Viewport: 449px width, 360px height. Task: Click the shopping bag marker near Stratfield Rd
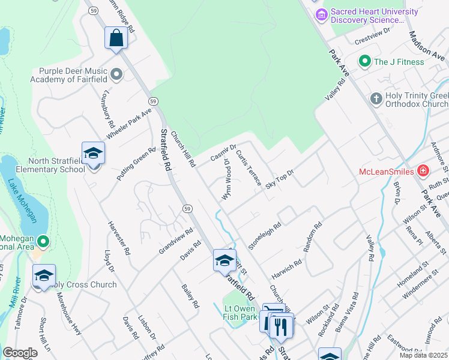(x=116, y=38)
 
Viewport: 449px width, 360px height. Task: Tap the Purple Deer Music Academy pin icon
(x=116, y=74)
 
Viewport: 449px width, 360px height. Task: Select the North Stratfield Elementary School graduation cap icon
(x=93, y=154)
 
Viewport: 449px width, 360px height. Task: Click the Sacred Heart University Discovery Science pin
(x=321, y=13)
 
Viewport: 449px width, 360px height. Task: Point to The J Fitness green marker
(x=364, y=61)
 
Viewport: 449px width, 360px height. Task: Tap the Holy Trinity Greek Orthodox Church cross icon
(x=376, y=98)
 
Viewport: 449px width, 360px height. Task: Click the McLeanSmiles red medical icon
(x=424, y=172)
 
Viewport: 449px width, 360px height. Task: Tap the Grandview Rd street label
(x=175, y=241)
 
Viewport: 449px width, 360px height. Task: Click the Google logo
(x=20, y=353)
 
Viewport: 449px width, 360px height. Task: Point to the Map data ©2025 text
(x=423, y=355)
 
